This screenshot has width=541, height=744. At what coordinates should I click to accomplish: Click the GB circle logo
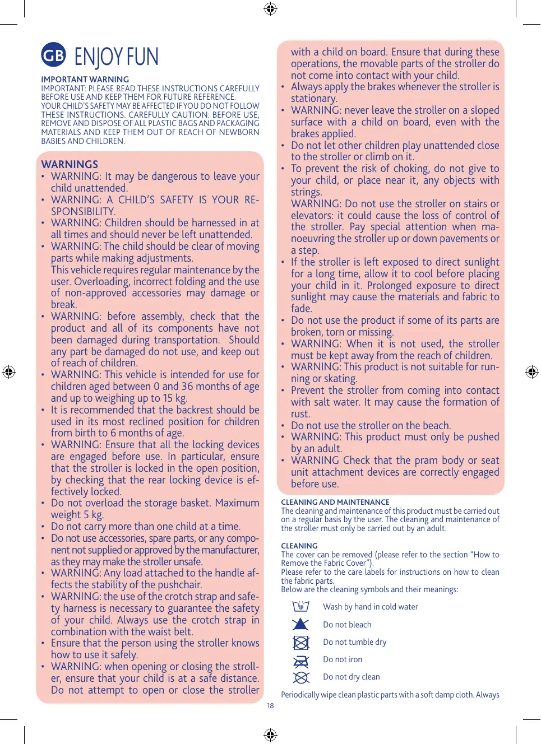pyautogui.click(x=53, y=55)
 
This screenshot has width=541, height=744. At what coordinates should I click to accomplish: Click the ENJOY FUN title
pyautogui.click(x=116, y=57)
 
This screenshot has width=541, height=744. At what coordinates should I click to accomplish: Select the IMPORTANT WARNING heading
pyautogui.click(x=85, y=80)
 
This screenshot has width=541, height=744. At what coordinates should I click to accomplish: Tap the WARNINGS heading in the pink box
pyautogui.click(x=70, y=164)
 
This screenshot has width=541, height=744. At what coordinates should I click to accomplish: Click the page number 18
pyautogui.click(x=270, y=706)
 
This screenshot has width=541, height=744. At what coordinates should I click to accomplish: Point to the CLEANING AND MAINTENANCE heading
pyautogui.click(x=335, y=503)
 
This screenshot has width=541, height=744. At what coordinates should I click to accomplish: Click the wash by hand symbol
pyautogui.click(x=301, y=606)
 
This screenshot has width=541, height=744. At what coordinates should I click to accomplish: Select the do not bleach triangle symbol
pyautogui.click(x=301, y=624)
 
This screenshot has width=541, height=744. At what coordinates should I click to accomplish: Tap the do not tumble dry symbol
pyautogui.click(x=301, y=642)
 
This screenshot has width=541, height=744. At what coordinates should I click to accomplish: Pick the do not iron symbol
pyautogui.click(x=301, y=660)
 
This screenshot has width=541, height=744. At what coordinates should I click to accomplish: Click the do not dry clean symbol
pyautogui.click(x=301, y=677)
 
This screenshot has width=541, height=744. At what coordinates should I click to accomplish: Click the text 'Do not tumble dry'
pyautogui.click(x=354, y=642)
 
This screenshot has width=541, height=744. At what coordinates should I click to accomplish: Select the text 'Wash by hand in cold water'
pyautogui.click(x=370, y=607)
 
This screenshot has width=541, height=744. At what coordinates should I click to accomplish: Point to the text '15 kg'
pyautogui.click(x=174, y=398)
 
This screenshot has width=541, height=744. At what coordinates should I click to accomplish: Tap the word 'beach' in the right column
pyautogui.click(x=435, y=426)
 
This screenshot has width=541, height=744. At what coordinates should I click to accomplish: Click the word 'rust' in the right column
pyautogui.click(x=300, y=414)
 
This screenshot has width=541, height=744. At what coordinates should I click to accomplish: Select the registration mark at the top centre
pyautogui.click(x=270, y=8)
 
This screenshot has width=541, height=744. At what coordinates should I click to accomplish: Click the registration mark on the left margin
pyautogui.click(x=8, y=371)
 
